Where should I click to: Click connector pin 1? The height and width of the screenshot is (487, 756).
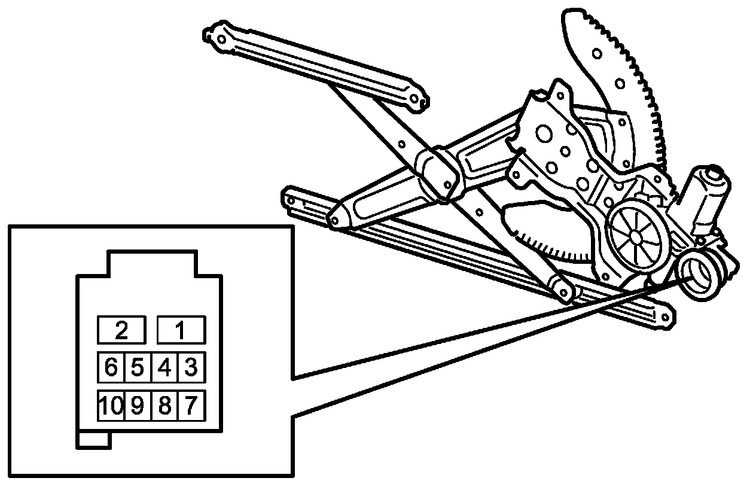tap(181, 330)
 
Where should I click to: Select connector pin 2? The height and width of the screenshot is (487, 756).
tap(121, 330)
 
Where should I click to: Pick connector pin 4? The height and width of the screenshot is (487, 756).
tap(164, 367)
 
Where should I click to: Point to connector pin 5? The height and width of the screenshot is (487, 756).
tap(138, 367)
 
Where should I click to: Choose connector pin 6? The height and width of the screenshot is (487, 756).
tap(111, 367)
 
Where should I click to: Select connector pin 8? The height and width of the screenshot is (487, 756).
tap(164, 406)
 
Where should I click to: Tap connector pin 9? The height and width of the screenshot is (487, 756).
tap(138, 406)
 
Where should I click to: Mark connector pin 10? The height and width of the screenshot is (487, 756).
tap(110, 406)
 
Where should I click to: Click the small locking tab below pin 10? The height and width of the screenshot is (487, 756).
tap(94, 440)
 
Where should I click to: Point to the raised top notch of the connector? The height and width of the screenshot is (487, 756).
tap(151, 264)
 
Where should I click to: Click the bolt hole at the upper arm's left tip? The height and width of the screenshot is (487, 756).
tap(220, 39)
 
